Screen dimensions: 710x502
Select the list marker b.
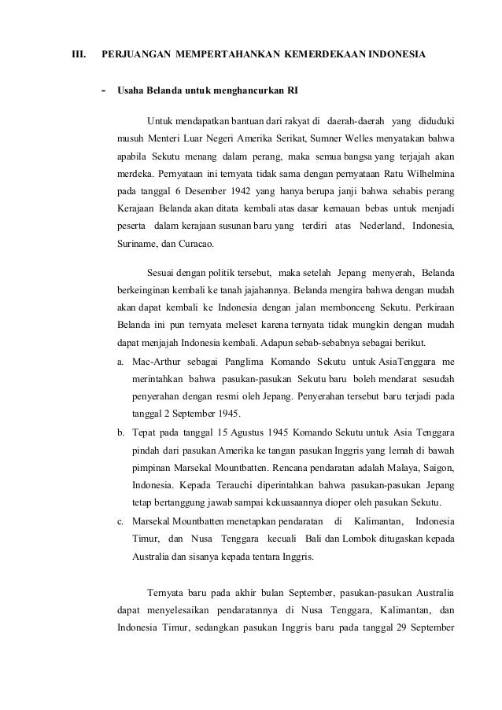click(x=121, y=433)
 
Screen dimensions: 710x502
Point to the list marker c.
click(x=121, y=521)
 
